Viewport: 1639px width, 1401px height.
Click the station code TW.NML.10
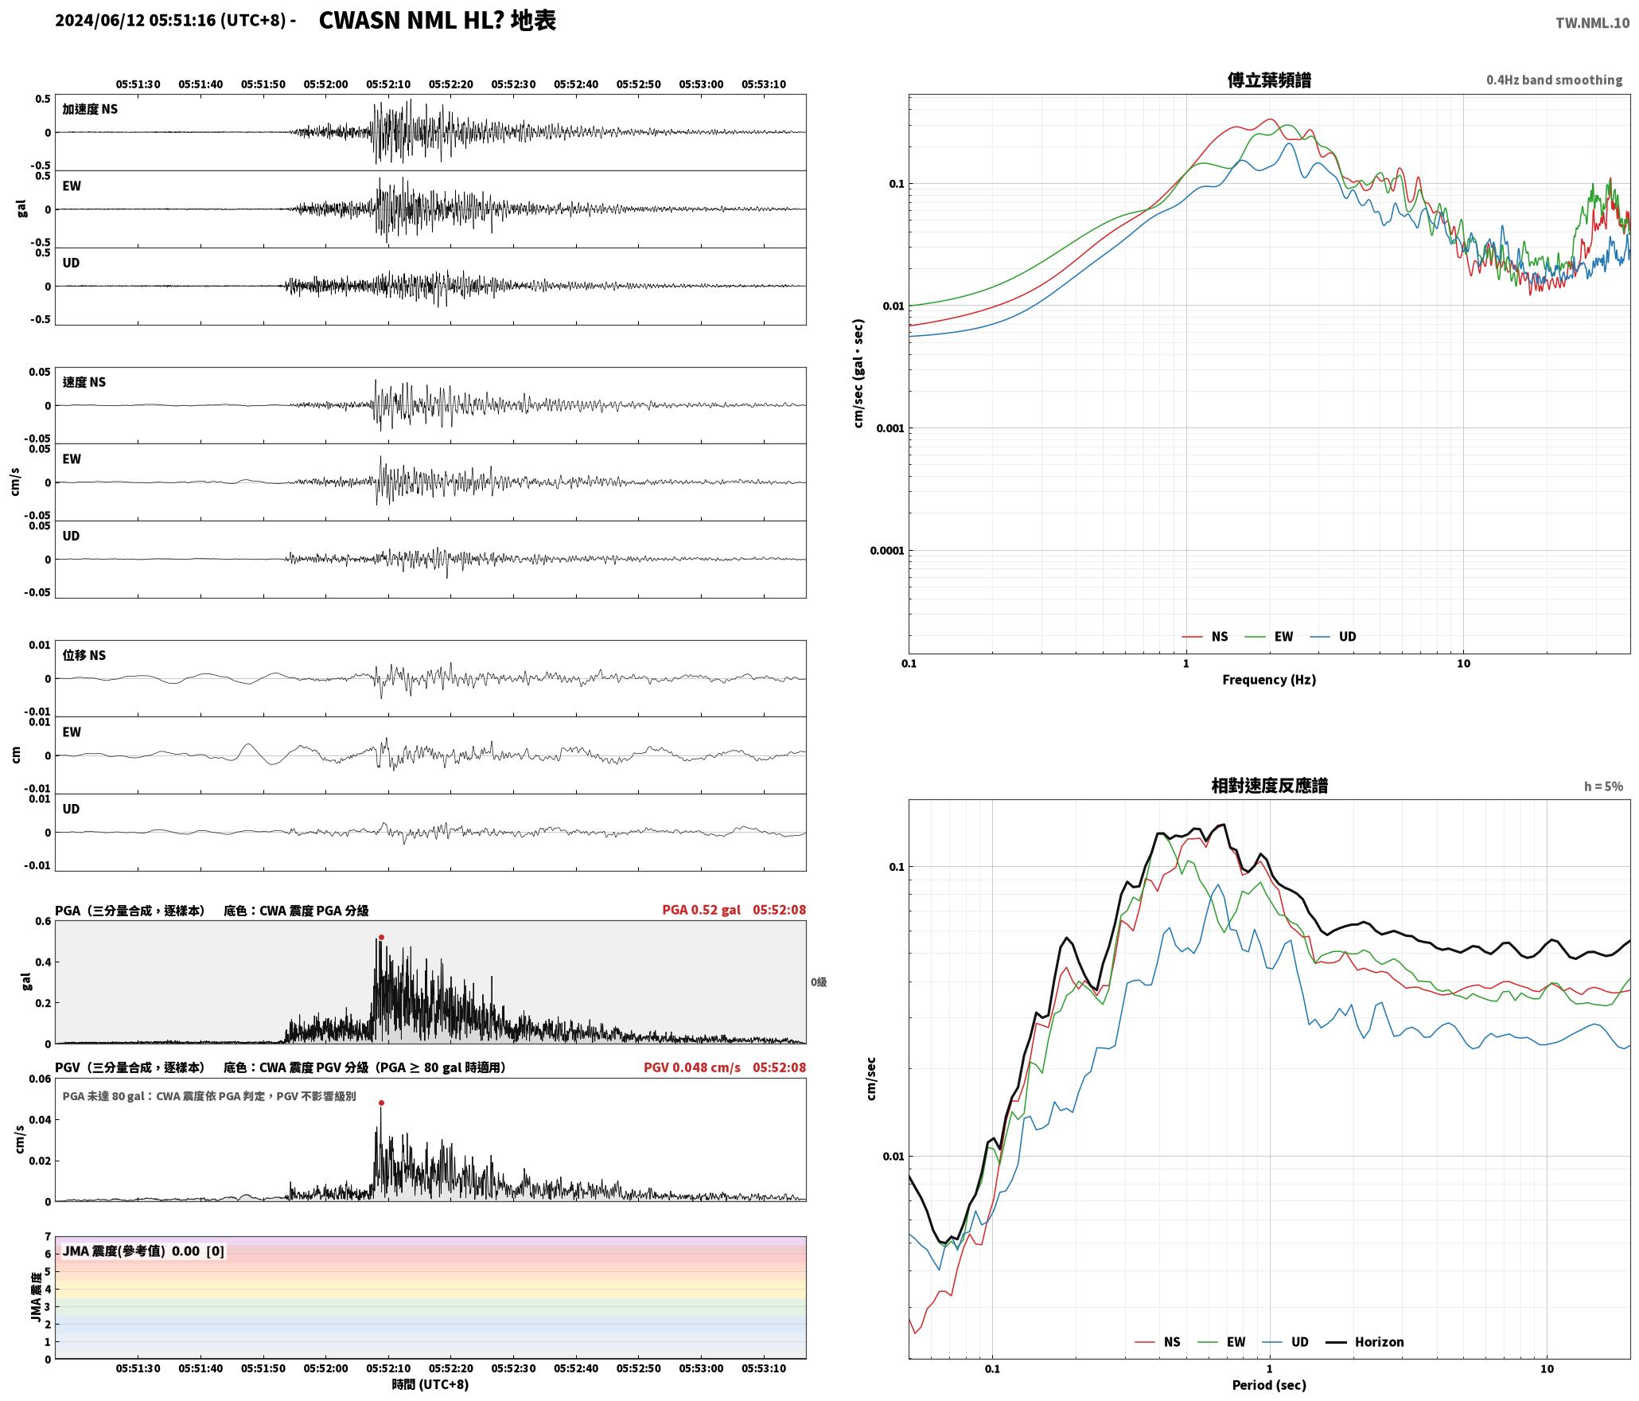1592,23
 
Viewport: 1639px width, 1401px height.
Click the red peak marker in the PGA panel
381,938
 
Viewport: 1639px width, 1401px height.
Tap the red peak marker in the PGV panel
381,1102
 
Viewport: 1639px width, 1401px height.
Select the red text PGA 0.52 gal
701,910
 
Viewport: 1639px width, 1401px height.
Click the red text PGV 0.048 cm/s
691,1067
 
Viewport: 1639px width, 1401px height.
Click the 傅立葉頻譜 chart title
1269,80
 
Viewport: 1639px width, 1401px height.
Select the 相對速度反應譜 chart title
1269,786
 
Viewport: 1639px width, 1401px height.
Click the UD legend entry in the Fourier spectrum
1333,637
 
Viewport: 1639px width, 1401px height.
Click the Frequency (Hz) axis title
1269,680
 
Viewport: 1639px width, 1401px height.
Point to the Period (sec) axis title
1269,1385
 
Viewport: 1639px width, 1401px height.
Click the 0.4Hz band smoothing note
1554,80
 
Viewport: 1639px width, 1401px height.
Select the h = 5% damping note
1603,786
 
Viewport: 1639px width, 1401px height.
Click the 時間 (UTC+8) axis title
430,1385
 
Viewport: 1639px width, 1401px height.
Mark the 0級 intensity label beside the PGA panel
819,982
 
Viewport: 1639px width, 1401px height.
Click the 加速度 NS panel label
90,109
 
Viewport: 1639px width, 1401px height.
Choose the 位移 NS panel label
84,655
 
